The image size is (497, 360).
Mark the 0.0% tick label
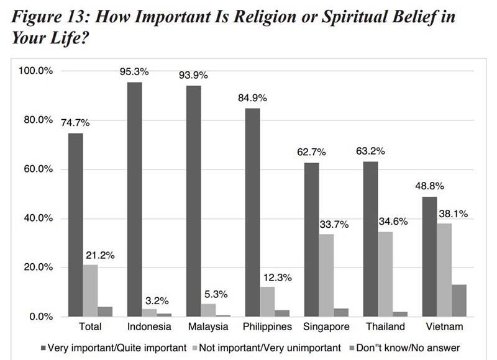(41, 317)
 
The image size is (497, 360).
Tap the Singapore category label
(327, 326)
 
